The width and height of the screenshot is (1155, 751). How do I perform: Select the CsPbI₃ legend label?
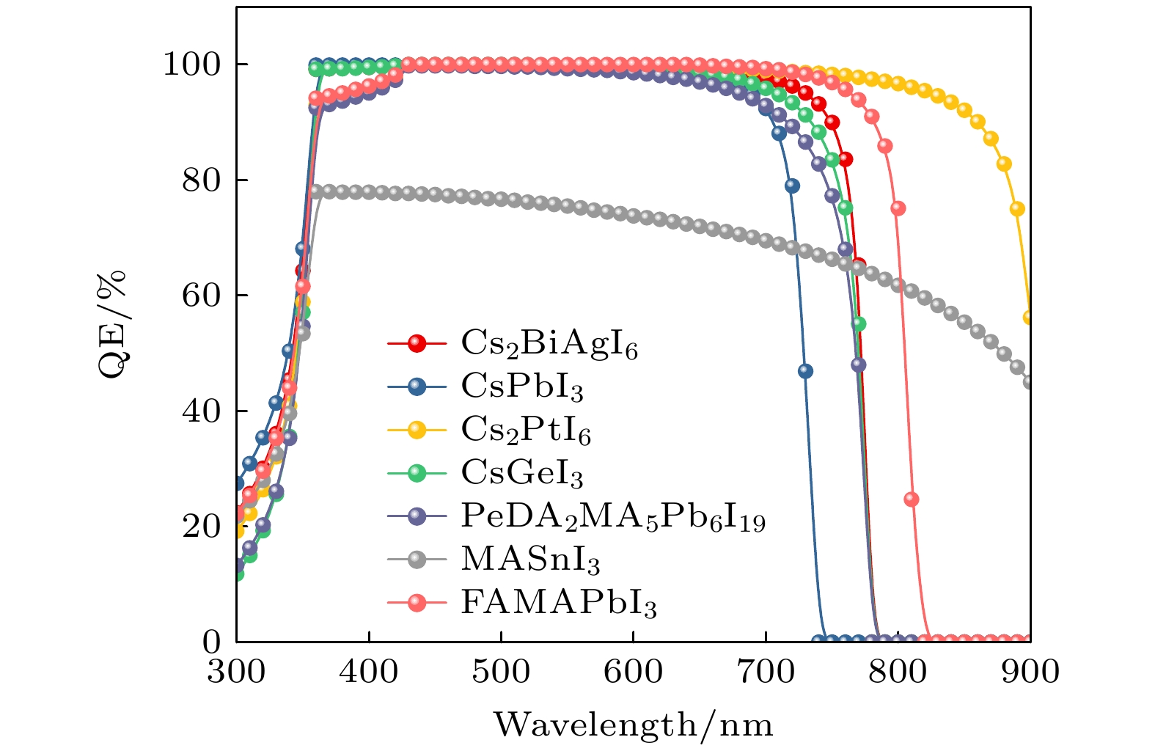[x=522, y=387]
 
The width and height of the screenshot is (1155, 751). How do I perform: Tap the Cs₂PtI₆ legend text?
[x=526, y=430]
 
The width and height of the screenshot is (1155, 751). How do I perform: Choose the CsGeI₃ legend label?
[x=522, y=473]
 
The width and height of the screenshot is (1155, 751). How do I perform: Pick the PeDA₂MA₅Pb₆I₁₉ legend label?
[x=613, y=516]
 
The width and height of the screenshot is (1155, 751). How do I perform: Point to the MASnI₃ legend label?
[x=530, y=560]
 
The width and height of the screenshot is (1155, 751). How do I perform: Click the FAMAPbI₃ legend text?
[x=558, y=603]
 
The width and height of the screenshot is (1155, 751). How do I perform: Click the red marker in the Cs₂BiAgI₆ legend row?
[x=417, y=343]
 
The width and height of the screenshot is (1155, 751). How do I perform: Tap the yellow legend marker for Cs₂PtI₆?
[x=417, y=430]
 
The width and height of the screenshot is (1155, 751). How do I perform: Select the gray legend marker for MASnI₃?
[x=417, y=560]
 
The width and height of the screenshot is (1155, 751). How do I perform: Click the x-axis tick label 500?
[x=501, y=672]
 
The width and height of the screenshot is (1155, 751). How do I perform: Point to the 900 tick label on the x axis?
[x=1030, y=672]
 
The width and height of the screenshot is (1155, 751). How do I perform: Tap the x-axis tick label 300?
[x=236, y=672]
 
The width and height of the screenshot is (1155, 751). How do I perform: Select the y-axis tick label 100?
[x=191, y=65]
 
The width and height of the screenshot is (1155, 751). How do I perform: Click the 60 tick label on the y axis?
[x=200, y=296]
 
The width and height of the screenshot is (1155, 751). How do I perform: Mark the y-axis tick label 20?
[x=200, y=527]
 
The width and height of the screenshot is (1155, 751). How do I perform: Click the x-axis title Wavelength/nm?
[x=634, y=725]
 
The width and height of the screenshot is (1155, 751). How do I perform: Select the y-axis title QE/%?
[x=111, y=324]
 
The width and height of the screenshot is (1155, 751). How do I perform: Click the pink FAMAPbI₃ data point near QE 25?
[x=912, y=499]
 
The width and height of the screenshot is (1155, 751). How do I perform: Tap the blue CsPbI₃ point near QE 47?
[x=805, y=371]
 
